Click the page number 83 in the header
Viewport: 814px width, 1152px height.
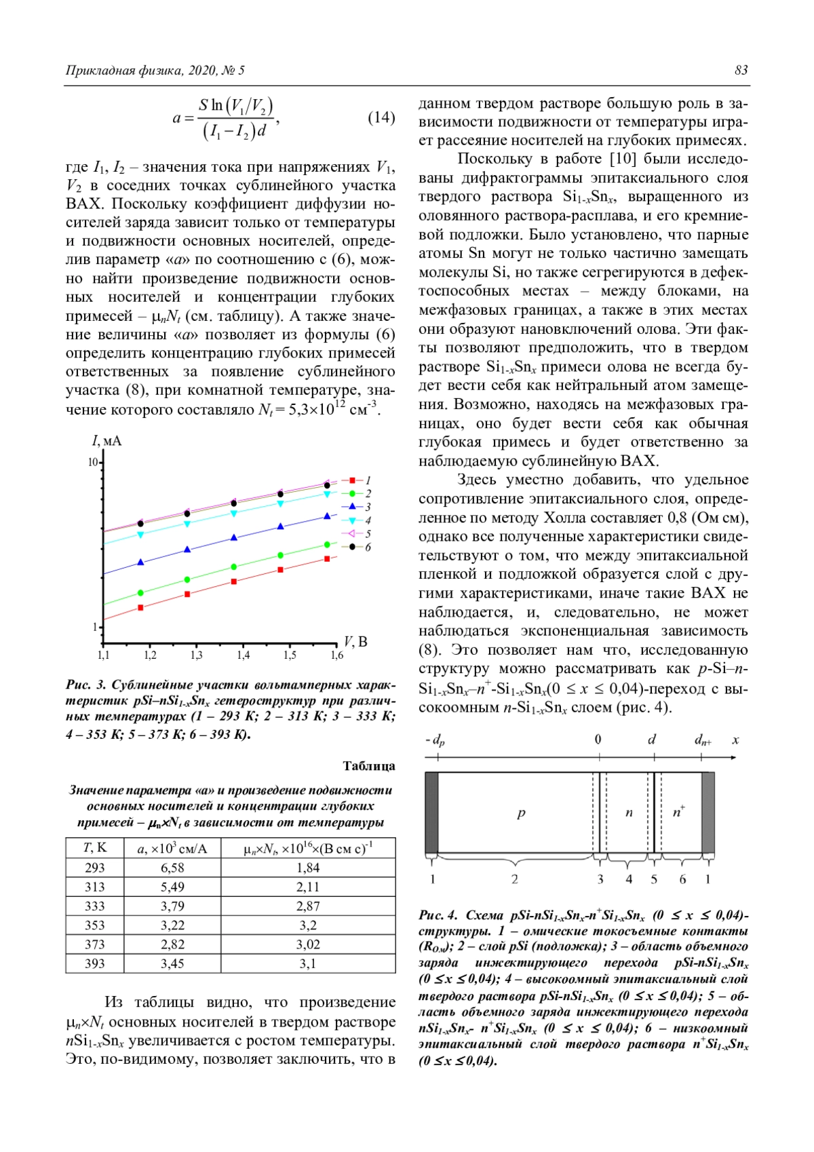741,71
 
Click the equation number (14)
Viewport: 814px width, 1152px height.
381,117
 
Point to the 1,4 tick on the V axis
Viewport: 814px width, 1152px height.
243,655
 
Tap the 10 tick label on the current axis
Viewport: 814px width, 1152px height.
92,463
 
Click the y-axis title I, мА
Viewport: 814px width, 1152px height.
106,442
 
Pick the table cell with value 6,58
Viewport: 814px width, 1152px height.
172,868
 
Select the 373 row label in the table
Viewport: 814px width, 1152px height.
95,944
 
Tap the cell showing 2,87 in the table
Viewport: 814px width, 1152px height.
308,906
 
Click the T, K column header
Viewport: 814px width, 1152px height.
95,848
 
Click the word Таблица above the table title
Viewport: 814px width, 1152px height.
368,766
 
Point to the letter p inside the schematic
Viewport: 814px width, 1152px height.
521,813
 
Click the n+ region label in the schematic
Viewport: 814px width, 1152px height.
678,811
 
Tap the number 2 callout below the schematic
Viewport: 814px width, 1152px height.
515,879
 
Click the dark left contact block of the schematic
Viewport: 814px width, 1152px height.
431,813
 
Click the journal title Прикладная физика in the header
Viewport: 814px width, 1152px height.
123,71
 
